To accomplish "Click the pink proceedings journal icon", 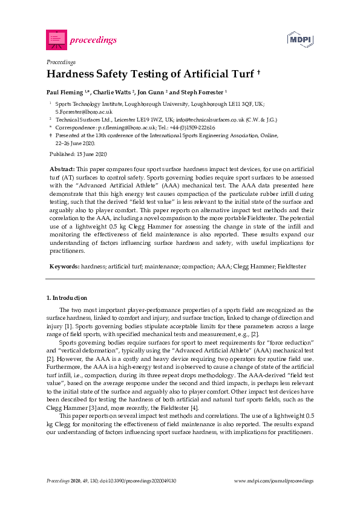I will tap(56, 40).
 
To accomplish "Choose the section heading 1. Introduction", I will tap(67, 298).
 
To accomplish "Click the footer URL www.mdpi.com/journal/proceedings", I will tap(273, 481).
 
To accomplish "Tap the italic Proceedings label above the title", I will tap(61, 62).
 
